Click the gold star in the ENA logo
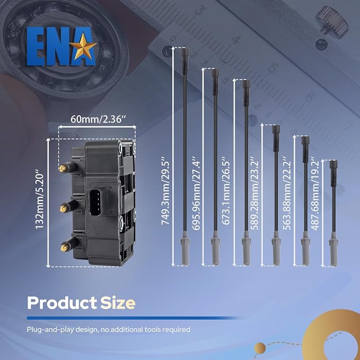point(83,47)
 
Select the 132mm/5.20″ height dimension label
point(39,199)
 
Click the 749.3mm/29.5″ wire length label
point(165,191)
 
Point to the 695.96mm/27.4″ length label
point(196,194)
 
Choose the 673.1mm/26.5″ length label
point(226,191)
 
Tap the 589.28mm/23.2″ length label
point(254,194)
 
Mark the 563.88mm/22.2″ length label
point(287,194)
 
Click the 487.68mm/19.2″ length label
point(315,194)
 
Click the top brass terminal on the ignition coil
point(63,169)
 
